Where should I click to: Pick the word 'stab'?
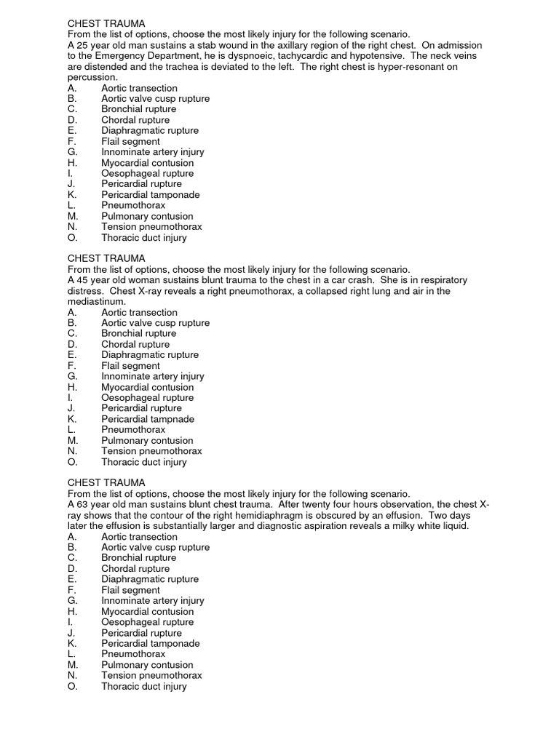(x=198, y=45)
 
